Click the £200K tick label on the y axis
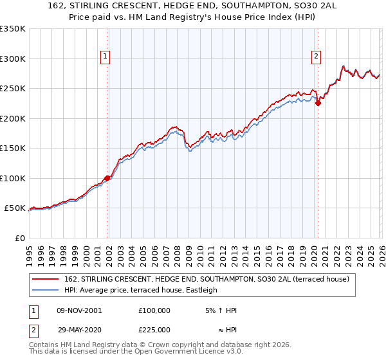[13, 118]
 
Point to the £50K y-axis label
[15, 208]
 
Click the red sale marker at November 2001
[107, 178]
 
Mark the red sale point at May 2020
[318, 103]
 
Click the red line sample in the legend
[46, 279]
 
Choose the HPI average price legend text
[141, 290]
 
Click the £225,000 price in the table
[154, 329]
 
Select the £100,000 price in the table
[154, 310]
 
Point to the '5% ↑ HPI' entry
[220, 310]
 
